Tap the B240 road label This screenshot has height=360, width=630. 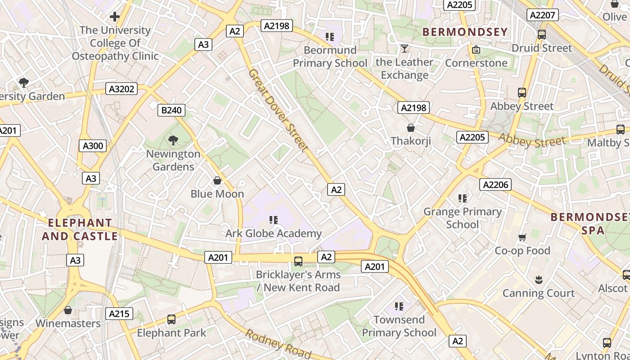click(171, 110)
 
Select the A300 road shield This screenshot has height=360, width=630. click(93, 145)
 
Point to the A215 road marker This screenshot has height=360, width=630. click(119, 314)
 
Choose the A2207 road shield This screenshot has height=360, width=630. click(542, 15)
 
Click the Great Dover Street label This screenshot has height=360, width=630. click(278, 110)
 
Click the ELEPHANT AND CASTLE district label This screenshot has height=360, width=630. click(80, 229)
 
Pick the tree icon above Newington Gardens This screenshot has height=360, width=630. click(173, 140)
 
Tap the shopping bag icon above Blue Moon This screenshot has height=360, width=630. click(217, 180)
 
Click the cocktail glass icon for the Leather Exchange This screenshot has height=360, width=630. click(405, 48)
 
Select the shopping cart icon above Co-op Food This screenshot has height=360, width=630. click(522, 237)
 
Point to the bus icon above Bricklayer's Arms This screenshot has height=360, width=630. click(298, 261)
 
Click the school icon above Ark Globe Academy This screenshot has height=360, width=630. click(273, 220)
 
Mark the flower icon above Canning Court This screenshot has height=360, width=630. click(538, 280)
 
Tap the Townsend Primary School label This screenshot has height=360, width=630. click(399, 326)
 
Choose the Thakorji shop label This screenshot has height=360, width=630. click(410, 141)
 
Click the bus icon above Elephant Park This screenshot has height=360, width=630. click(171, 319)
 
